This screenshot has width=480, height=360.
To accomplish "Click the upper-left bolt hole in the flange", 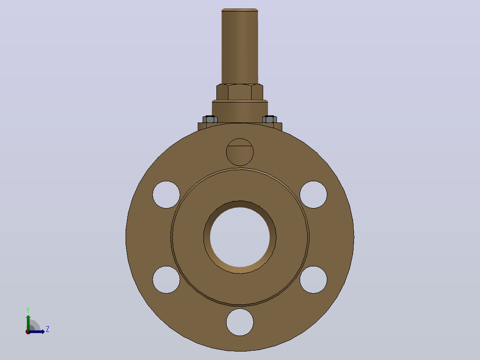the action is (166, 195).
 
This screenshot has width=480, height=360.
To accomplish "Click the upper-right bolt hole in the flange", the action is (313, 195).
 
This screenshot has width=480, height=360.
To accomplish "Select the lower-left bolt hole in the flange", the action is (166, 280).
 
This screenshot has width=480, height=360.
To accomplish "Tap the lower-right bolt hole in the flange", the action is (313, 280).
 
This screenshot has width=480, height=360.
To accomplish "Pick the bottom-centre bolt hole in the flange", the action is (240, 322).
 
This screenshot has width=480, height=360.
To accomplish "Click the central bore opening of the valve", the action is (240, 237).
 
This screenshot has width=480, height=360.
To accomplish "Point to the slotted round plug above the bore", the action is (240, 152).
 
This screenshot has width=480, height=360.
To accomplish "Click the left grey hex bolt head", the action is (210, 119).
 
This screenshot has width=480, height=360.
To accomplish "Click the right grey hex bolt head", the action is (270, 119).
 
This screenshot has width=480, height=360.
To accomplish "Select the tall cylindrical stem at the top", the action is (240, 46).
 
